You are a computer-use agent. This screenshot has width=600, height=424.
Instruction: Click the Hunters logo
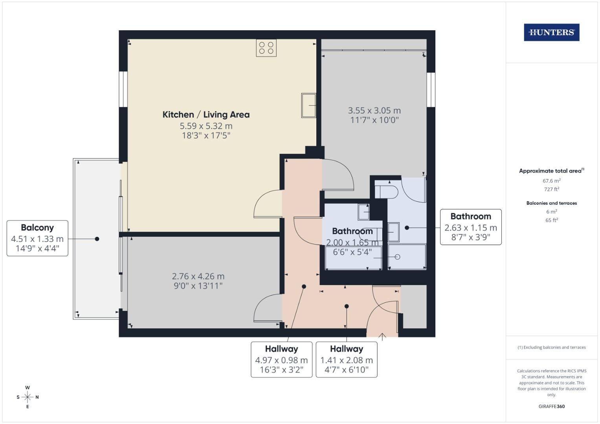point(551,33)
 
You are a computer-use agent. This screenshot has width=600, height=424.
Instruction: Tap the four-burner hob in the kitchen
point(266,48)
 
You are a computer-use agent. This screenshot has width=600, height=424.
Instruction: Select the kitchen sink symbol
point(308,105)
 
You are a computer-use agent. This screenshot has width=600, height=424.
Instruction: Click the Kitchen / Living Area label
point(206,115)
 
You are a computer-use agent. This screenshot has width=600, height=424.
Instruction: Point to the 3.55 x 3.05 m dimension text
point(374,111)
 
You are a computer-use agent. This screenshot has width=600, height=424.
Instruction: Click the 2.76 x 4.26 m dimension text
point(198,276)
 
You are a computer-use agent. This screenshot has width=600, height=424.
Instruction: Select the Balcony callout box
point(37,238)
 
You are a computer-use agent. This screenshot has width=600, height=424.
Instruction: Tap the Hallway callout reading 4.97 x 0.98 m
point(281,359)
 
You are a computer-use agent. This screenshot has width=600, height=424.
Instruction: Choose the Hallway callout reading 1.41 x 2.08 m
point(346,359)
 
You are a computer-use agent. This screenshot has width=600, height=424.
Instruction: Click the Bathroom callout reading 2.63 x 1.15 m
point(470,227)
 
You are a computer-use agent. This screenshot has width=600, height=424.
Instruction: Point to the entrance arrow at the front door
point(382,336)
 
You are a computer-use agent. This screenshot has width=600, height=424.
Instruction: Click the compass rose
point(28,397)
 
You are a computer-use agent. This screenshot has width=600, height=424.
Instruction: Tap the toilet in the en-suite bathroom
point(386,191)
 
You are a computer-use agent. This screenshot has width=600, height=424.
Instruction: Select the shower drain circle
point(397,257)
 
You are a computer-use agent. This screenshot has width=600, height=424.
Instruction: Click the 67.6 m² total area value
point(551,181)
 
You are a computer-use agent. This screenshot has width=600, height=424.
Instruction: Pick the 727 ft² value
point(551,189)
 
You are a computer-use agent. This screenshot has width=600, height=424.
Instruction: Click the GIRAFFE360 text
point(551,406)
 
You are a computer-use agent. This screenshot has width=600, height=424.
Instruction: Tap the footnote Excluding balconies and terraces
point(551,347)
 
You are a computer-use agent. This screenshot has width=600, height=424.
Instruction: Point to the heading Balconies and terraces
point(551,203)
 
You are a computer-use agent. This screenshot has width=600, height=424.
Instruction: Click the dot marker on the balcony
point(97,239)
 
